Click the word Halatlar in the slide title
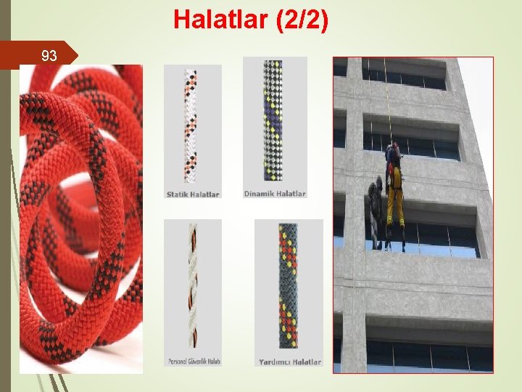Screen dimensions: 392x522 219,20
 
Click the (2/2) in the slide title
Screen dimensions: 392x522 299,20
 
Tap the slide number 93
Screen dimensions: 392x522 49,55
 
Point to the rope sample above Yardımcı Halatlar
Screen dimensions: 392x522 288,286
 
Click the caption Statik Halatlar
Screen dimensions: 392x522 193,194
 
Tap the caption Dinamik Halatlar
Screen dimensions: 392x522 275,194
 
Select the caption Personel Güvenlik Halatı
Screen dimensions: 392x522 193,361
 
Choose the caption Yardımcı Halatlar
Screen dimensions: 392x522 290,362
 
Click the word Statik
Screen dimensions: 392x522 180,194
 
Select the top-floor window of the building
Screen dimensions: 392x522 405,73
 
